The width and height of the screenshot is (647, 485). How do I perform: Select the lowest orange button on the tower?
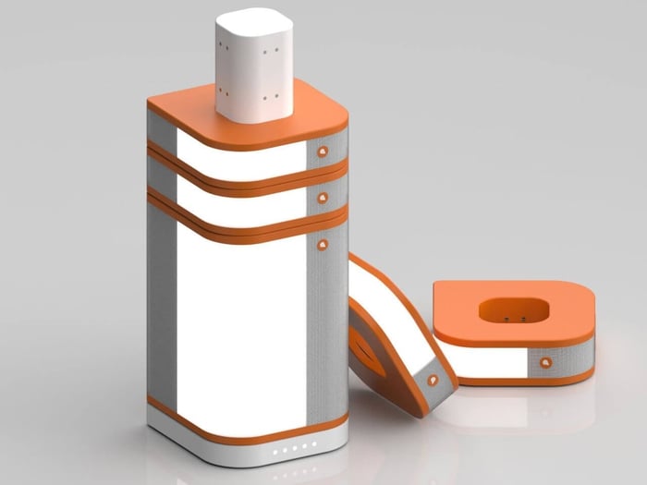(322, 245)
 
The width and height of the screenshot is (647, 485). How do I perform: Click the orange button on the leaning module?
(432, 378)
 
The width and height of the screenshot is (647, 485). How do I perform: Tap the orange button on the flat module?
(546, 362)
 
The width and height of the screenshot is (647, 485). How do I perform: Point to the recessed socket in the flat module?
(514, 311)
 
